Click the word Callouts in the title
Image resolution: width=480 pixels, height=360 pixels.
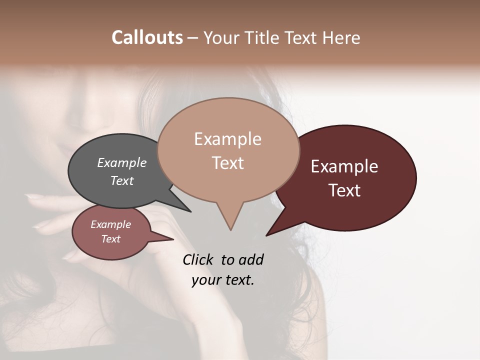pos(147,37)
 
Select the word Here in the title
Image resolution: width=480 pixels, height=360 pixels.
pos(342,37)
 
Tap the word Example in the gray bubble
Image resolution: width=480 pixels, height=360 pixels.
pos(121,162)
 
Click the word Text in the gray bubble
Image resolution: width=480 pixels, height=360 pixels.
pos(121,180)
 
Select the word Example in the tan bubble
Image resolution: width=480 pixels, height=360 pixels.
pos(227,139)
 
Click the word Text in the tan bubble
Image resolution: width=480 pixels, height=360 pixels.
pos(227,163)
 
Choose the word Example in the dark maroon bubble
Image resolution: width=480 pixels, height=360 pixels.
pos(344,166)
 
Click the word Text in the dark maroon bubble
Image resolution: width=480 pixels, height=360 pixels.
pos(344,190)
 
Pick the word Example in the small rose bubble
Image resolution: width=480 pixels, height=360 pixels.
pos(110,224)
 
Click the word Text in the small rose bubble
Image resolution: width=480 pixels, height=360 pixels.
pos(110,239)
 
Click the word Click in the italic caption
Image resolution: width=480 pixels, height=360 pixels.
pos(197,259)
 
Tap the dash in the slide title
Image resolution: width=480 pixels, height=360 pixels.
pos(193,38)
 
